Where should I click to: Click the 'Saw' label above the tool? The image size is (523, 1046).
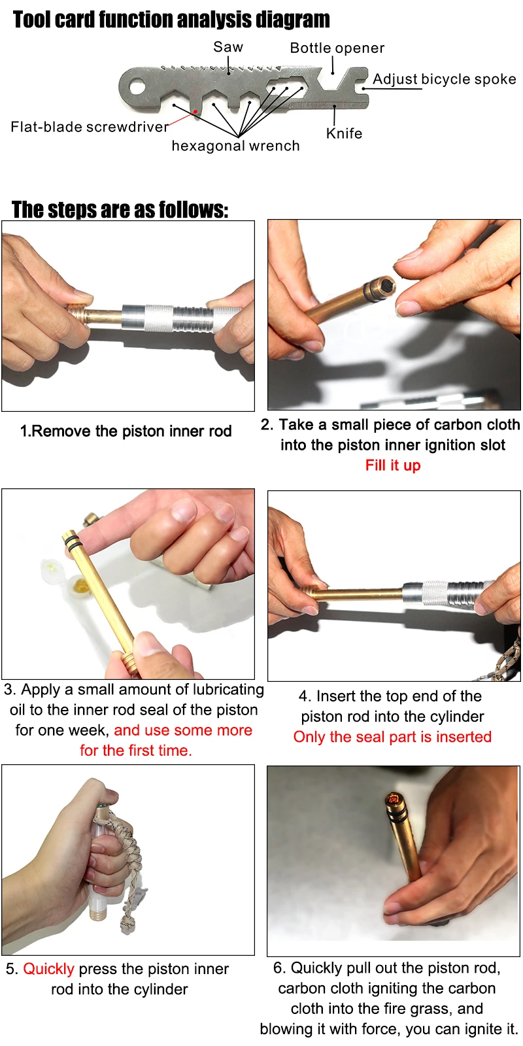(x=228, y=47)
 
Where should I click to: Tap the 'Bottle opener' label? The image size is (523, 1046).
(x=337, y=48)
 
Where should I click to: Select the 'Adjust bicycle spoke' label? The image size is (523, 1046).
(x=444, y=79)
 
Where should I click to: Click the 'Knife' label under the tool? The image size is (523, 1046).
(x=344, y=133)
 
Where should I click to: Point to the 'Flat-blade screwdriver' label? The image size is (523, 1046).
(x=90, y=127)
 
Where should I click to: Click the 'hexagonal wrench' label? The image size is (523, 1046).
(x=235, y=146)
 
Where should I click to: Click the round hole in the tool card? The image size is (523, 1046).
(x=137, y=86)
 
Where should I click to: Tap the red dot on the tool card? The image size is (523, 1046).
(x=195, y=112)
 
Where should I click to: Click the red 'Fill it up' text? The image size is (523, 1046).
(x=392, y=465)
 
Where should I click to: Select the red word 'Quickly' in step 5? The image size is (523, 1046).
(x=48, y=969)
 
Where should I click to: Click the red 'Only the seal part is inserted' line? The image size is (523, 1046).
(x=392, y=737)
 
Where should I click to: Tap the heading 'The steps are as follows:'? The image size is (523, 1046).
(x=120, y=210)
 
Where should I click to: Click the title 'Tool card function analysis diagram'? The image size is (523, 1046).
(x=171, y=20)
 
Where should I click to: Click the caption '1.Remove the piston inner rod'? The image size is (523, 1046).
(x=126, y=431)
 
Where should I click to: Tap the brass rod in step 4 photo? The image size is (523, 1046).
(x=356, y=595)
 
